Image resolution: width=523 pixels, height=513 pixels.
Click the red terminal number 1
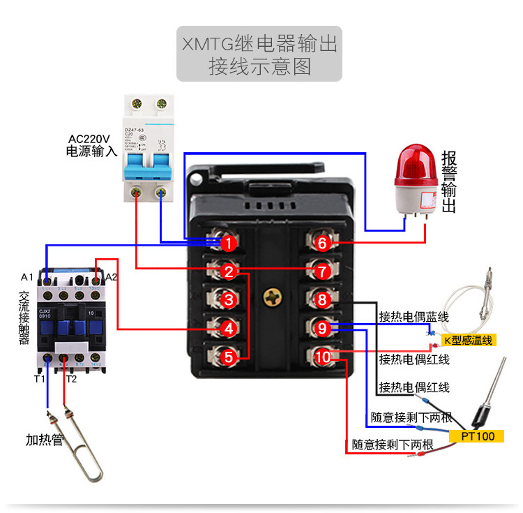tap(228, 243)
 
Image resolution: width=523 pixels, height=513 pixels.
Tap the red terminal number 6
tap(321, 243)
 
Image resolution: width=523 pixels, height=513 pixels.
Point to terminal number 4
tap(228, 327)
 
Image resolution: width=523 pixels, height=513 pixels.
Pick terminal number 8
tap(321, 300)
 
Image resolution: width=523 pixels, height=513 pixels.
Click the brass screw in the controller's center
tap(271, 296)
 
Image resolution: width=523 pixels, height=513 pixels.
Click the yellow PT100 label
tap(478, 436)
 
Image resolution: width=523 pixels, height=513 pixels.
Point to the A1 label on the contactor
tap(27, 277)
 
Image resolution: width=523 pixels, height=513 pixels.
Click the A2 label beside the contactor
tap(111, 277)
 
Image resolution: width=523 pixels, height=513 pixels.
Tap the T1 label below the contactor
tap(39, 379)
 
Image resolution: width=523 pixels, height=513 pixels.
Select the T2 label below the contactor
tap(71, 379)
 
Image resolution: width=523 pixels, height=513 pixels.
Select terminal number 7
tap(321, 271)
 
